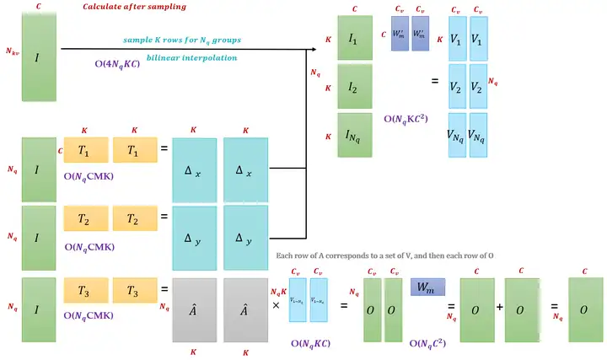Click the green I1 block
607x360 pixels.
tap(355, 39)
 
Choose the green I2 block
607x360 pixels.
tap(355, 86)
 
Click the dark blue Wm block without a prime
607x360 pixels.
tap(427, 287)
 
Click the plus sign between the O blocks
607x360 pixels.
tap(500, 308)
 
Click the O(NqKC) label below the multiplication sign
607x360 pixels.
tap(311, 344)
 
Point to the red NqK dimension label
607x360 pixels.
tap(276, 291)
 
